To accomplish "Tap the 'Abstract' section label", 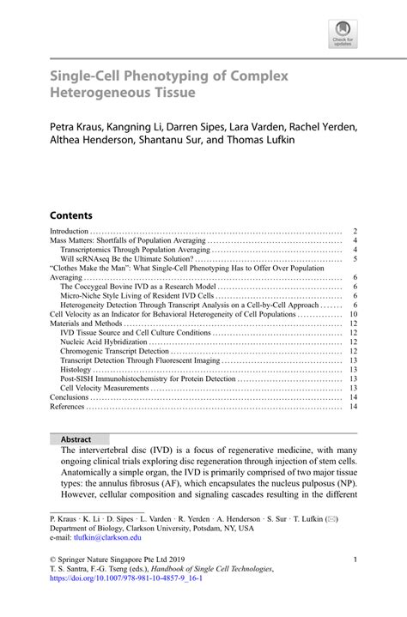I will coord(76,439).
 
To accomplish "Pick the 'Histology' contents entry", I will coord(76,368).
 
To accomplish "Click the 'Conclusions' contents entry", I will coord(70,397).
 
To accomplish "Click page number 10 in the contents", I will coord(353,314).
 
